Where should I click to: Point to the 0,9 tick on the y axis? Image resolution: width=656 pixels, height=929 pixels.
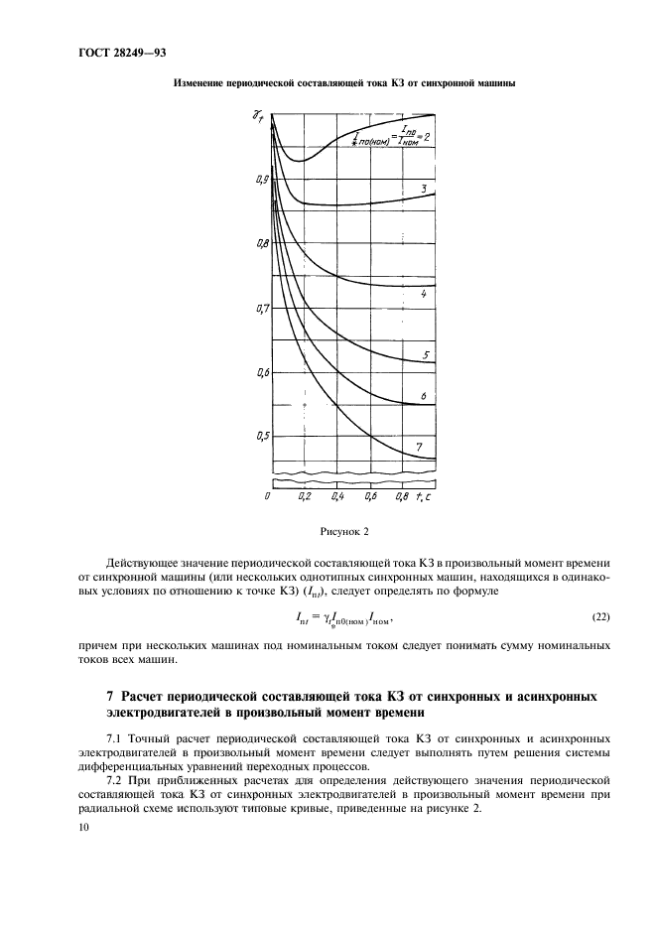coord(260,180)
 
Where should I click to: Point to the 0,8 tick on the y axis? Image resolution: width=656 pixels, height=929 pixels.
coord(260,244)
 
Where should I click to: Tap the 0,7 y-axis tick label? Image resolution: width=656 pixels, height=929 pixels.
coord(260,309)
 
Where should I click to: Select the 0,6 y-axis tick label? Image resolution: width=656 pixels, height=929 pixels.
coord(260,373)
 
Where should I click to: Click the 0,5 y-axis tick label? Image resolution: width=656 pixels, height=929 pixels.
coord(260,437)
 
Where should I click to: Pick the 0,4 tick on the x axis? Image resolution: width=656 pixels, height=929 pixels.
coord(337,495)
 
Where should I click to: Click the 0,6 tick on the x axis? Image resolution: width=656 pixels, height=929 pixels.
coord(370,495)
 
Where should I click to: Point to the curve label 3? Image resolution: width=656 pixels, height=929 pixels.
coord(424,188)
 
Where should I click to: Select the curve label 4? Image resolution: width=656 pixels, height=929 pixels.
coord(424,295)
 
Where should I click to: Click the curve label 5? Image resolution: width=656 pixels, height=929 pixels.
coord(425,354)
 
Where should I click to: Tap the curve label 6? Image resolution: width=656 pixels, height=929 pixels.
coord(424,396)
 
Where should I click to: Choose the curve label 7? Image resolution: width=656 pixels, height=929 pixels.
coord(419,448)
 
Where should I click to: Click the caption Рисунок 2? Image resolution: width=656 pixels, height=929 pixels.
coord(343,533)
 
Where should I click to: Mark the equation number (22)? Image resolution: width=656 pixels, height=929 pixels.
coord(601,618)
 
